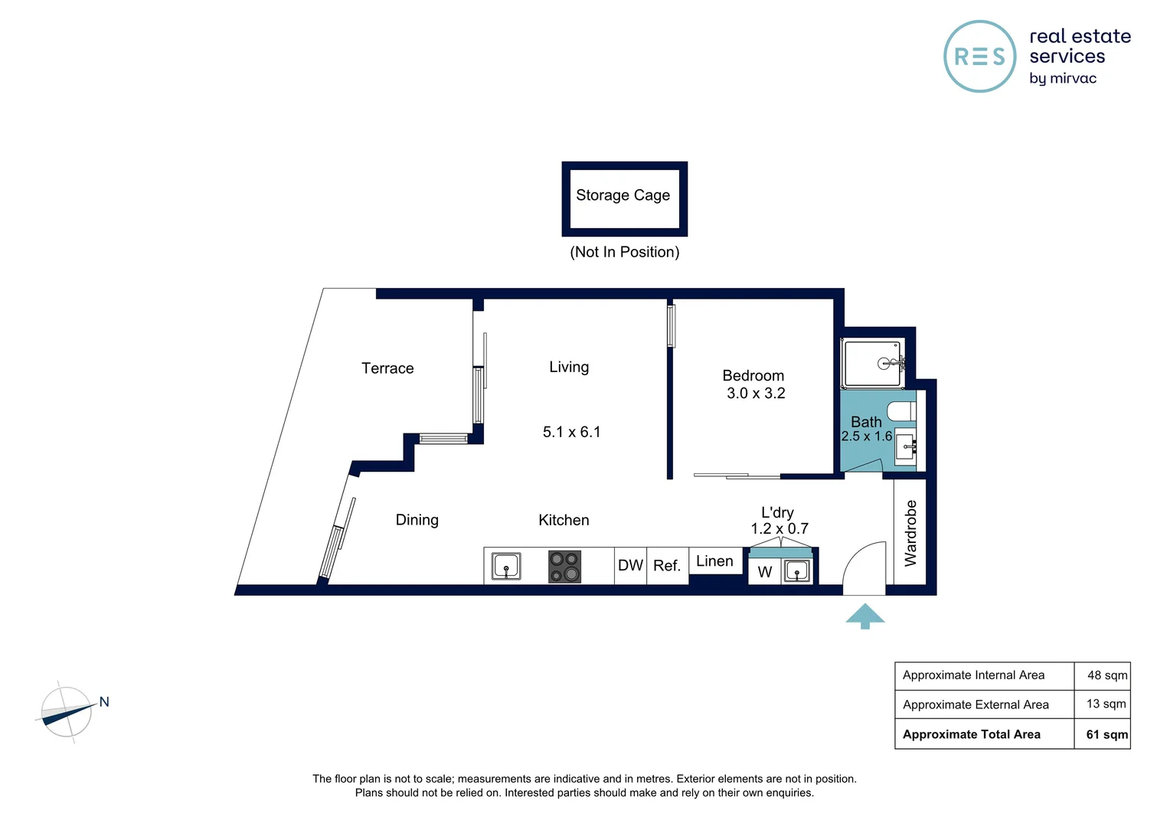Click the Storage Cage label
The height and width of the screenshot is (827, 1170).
click(x=623, y=196)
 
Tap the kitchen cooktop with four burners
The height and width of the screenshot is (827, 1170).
click(x=564, y=567)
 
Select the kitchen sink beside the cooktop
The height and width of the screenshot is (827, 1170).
click(x=506, y=567)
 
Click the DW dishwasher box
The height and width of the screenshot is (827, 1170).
click(x=630, y=566)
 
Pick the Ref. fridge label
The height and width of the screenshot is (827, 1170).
click(x=667, y=566)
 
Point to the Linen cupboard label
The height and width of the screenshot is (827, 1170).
click(x=714, y=561)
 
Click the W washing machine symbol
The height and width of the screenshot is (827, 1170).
click(x=764, y=572)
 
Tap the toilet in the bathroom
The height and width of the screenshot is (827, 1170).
click(x=903, y=410)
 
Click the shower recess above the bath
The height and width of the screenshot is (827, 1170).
click(x=872, y=363)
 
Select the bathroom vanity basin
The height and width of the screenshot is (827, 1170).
click(x=905, y=446)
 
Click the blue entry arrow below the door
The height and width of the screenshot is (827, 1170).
click(x=865, y=616)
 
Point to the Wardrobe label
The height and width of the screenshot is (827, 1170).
click(x=910, y=533)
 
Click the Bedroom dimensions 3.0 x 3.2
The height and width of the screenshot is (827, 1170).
click(x=756, y=394)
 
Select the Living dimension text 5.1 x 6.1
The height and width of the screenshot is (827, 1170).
click(x=571, y=432)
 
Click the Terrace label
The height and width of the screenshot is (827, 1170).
click(x=387, y=368)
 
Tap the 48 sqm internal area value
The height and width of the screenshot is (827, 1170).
click(x=1106, y=675)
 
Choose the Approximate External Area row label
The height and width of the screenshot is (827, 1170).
click(x=976, y=704)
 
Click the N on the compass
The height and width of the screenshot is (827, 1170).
click(x=104, y=701)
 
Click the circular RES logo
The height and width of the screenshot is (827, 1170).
click(x=979, y=57)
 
